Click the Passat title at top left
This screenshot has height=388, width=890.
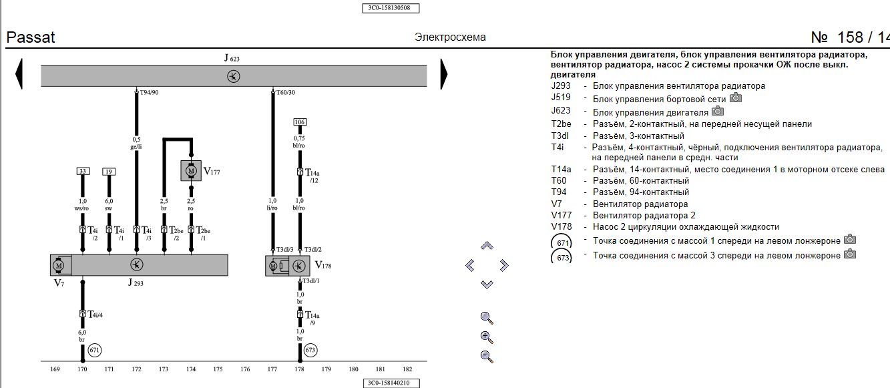(31, 37)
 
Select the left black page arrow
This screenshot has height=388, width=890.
(19, 74)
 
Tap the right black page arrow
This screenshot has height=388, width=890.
(444, 74)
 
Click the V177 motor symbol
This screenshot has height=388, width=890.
(192, 171)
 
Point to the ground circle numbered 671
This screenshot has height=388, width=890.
(94, 349)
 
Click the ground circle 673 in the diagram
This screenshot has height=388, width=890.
(310, 349)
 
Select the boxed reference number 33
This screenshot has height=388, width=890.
(83, 172)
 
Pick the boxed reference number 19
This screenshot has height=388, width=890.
(109, 172)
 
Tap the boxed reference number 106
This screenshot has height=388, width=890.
(300, 122)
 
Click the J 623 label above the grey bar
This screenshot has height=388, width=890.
(232, 59)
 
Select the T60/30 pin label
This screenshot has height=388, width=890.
(285, 92)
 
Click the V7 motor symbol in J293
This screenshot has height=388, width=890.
(59, 265)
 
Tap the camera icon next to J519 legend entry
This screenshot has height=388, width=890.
(736, 98)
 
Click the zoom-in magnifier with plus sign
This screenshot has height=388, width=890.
(486, 337)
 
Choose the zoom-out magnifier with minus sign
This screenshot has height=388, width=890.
(486, 356)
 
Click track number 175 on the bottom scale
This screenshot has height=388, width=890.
(218, 369)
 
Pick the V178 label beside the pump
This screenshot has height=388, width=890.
(323, 264)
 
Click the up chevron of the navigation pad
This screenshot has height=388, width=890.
(487, 246)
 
